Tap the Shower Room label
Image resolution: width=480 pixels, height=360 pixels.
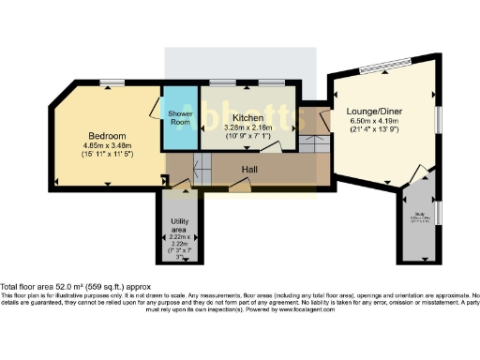point(180,117)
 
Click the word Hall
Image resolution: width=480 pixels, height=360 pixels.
point(249,170)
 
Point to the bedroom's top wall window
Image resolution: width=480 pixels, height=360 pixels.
point(113,82)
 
